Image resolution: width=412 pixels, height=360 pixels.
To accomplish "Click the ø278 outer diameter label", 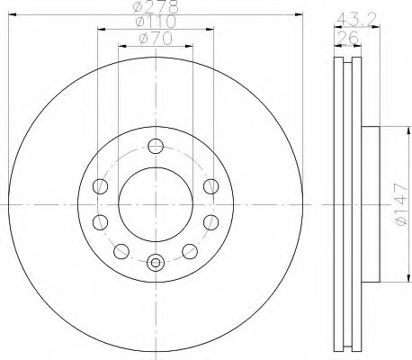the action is coord(156,6).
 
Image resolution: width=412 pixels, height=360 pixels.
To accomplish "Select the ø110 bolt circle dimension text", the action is coord(156,22).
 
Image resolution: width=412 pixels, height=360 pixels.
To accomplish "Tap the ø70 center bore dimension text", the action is coord(156,39).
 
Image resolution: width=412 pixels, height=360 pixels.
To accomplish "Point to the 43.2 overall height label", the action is coord(356,20).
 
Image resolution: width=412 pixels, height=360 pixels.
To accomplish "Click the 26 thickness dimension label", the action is coord(348,38).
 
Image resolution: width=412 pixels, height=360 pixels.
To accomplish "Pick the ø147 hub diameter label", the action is coord(401,204).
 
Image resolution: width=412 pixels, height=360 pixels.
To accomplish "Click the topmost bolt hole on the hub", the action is coord(156,147).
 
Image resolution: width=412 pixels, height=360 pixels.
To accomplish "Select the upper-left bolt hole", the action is coord(100,186).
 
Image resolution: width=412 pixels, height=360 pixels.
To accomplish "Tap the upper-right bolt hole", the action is coord(210,186).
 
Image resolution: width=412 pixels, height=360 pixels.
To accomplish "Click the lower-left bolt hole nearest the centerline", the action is coord(100,222).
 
